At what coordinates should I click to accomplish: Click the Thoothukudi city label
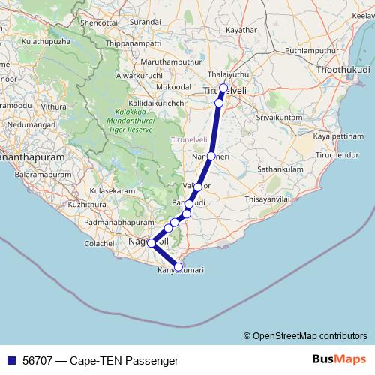click(x=343, y=69)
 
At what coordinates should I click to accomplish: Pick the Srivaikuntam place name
click(x=279, y=118)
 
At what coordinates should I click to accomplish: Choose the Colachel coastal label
click(x=99, y=244)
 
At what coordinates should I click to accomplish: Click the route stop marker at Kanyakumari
click(x=178, y=266)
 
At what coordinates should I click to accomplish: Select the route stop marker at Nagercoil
click(x=151, y=243)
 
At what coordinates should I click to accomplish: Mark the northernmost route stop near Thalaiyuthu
click(x=223, y=88)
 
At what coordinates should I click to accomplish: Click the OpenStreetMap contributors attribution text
click(x=305, y=335)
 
